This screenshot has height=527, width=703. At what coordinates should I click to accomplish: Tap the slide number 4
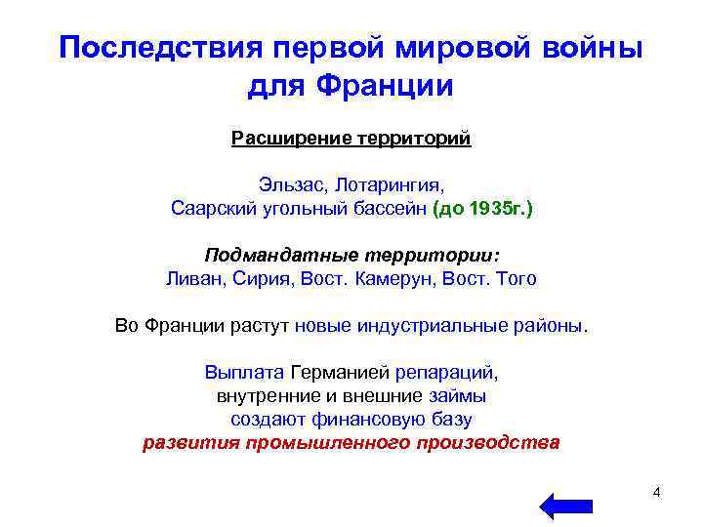(656, 492)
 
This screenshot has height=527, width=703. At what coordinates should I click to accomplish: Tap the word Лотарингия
(387, 183)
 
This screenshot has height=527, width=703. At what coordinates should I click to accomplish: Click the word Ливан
(194, 278)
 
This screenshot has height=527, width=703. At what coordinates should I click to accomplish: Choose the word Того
(515, 278)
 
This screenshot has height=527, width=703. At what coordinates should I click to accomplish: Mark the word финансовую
(374, 420)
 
